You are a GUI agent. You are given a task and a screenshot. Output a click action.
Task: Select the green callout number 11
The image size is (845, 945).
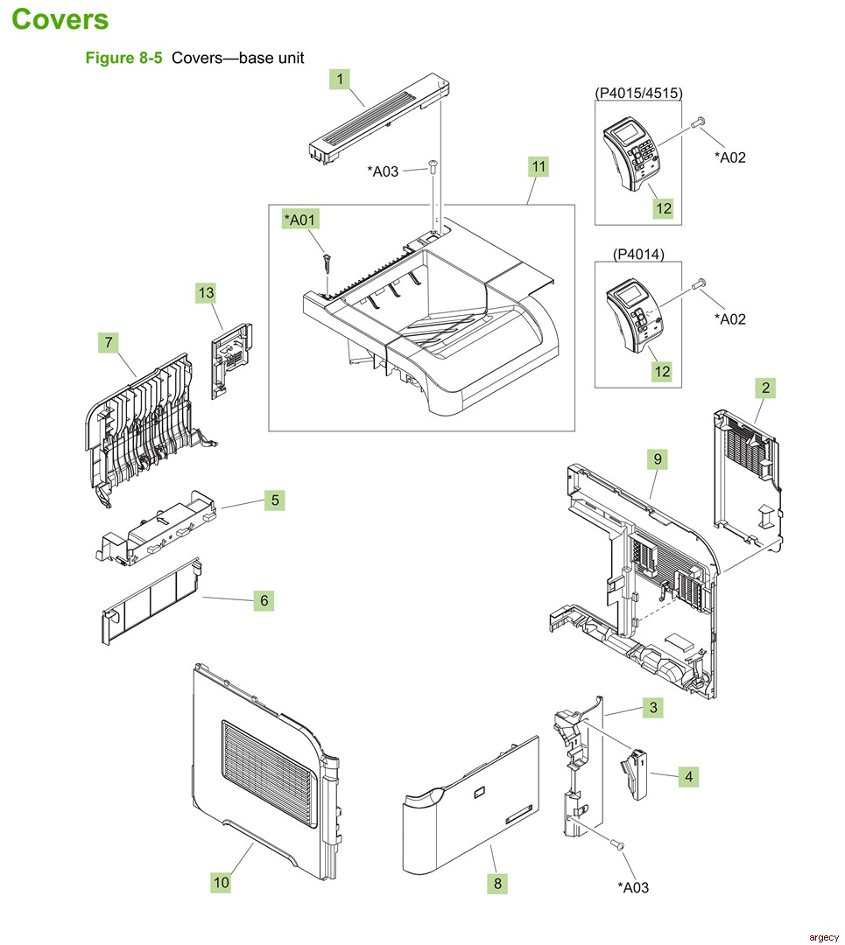point(539,165)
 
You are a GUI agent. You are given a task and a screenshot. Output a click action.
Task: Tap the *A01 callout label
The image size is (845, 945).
point(299,220)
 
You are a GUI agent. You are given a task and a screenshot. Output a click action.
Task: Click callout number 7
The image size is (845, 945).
point(109,343)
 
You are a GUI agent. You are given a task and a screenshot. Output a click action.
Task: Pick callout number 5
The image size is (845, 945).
point(275,500)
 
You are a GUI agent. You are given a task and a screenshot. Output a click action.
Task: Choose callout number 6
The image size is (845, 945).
point(263,600)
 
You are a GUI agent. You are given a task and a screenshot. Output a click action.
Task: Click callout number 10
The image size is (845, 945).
point(221,882)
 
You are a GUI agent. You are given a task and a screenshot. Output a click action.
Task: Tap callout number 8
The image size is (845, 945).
point(497,884)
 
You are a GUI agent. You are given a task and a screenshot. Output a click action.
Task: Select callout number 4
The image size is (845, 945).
point(688,775)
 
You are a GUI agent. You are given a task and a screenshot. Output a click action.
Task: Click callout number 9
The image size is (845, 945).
point(657,457)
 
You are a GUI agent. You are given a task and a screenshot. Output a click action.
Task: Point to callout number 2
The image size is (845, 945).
point(765,387)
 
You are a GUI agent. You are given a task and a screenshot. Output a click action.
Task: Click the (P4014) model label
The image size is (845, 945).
point(638,255)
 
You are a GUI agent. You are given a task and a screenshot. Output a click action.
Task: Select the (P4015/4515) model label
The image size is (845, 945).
point(638,92)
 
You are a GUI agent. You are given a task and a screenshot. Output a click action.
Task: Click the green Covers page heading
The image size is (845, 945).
point(60,19)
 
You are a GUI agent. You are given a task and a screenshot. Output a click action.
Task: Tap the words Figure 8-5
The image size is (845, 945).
point(123,58)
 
